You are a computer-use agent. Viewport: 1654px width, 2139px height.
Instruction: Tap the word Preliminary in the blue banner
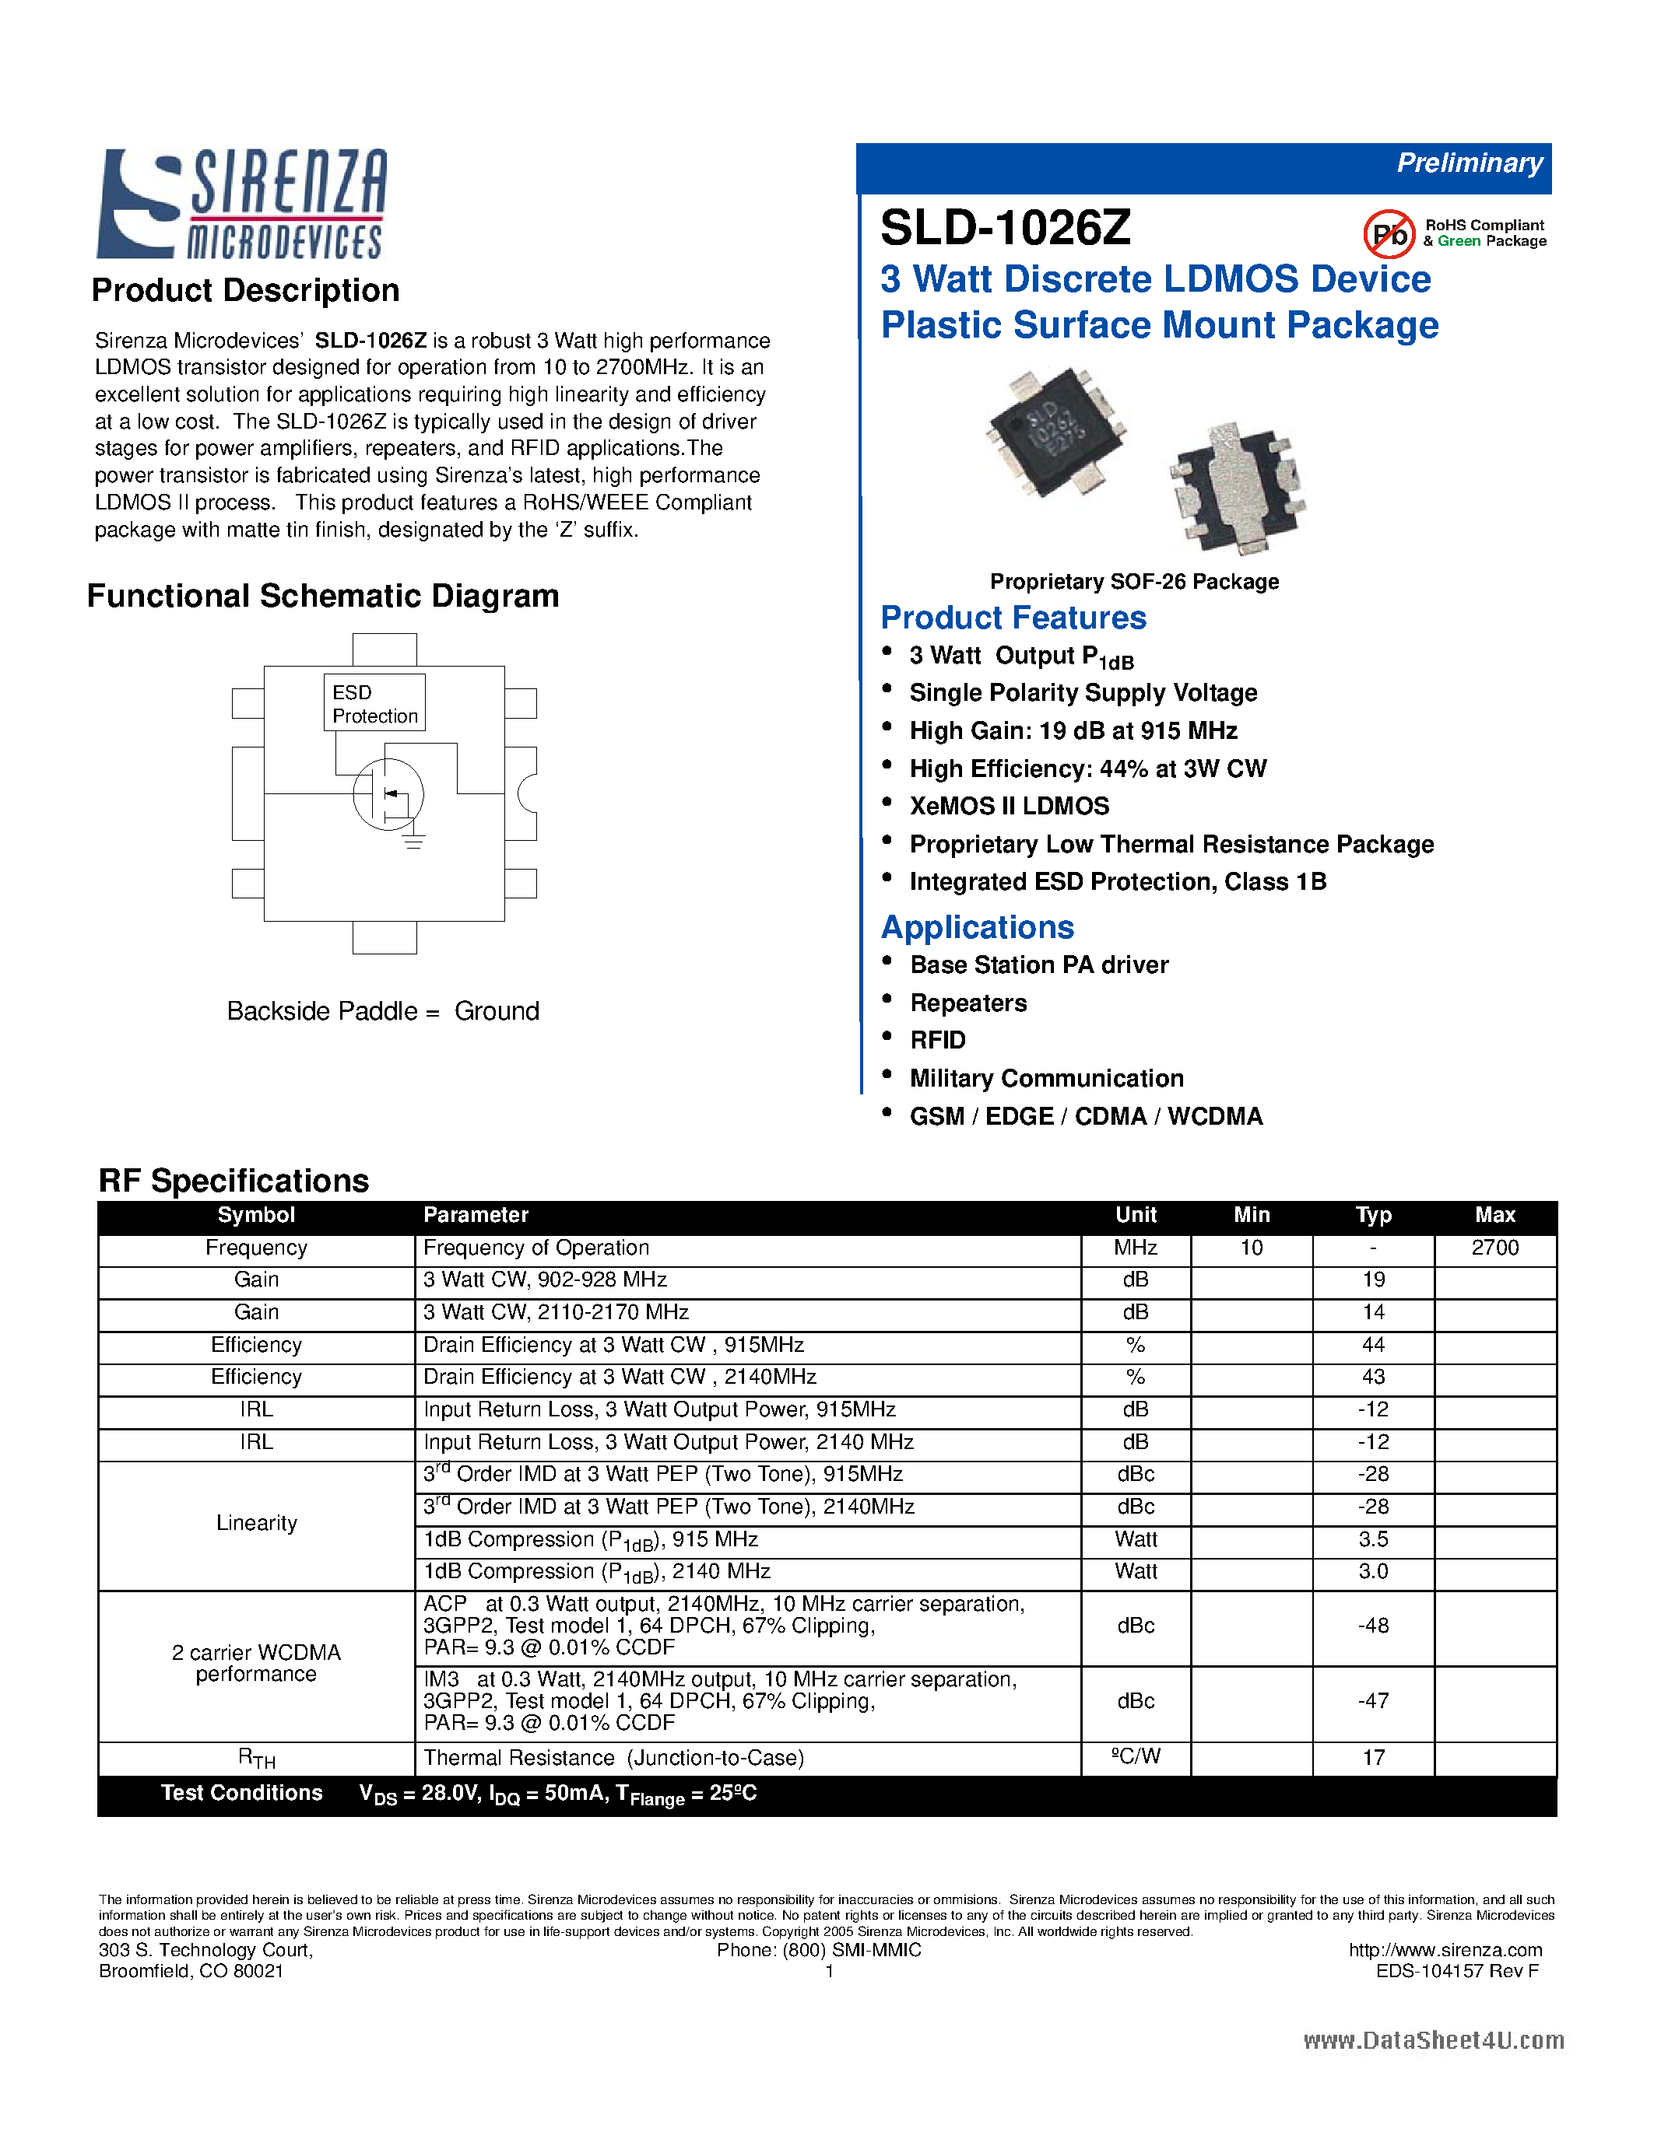point(1469,163)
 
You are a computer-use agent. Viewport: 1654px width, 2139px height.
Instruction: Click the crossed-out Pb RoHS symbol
point(1389,234)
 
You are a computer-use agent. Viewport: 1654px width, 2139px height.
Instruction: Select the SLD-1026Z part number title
point(1006,228)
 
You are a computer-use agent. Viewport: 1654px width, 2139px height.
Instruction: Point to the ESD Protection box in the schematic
point(374,703)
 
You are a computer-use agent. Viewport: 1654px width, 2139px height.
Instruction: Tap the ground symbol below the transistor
point(413,842)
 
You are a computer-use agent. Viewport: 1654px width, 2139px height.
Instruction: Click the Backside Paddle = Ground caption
point(383,1010)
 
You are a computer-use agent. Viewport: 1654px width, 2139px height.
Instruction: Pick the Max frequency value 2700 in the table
point(1494,1248)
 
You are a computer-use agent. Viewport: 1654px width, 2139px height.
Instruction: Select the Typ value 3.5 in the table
point(1373,1539)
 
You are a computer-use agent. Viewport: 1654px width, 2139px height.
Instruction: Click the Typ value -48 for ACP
point(1373,1626)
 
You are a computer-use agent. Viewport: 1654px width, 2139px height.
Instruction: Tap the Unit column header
point(1136,1216)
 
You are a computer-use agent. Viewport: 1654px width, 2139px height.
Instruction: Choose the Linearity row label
point(256,1523)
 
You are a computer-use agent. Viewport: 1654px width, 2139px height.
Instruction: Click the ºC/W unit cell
point(1136,1757)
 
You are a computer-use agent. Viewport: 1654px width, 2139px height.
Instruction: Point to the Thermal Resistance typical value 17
point(1373,1758)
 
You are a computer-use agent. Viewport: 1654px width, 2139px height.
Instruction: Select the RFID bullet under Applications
point(938,1040)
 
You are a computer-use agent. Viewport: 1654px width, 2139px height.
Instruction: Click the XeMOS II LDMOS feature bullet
point(1010,806)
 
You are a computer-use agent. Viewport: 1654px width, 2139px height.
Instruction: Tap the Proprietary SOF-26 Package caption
point(1134,582)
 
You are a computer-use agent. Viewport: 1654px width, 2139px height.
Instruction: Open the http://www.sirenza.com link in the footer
point(1445,1950)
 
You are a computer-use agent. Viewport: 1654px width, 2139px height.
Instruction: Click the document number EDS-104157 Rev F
point(1457,1970)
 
